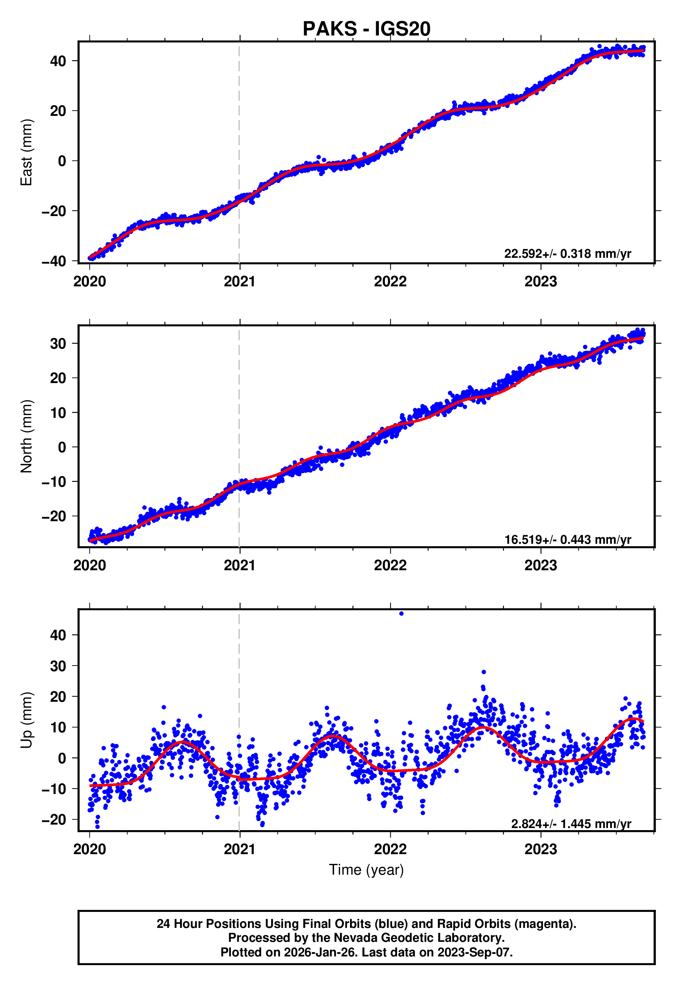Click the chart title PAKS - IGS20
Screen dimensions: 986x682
pyautogui.click(x=366, y=29)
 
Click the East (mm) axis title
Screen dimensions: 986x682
pyautogui.click(x=26, y=152)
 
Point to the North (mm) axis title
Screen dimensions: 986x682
pyautogui.click(x=26, y=436)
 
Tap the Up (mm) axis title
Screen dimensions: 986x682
pyautogui.click(x=26, y=720)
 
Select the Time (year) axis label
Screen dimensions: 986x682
pyautogui.click(x=366, y=870)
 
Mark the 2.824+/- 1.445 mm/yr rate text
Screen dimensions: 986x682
pyautogui.click(x=570, y=824)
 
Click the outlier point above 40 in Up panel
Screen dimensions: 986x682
pyautogui.click(x=401, y=614)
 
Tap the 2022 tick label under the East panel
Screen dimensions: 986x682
pyautogui.click(x=390, y=282)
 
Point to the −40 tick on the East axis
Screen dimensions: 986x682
pyautogui.click(x=54, y=261)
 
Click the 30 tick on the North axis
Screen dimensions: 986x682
pyautogui.click(x=58, y=343)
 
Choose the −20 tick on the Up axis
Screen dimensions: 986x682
pyautogui.click(x=54, y=820)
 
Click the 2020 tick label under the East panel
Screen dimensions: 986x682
pyautogui.click(x=89, y=282)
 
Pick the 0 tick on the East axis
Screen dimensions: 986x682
pyautogui.click(x=62, y=161)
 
